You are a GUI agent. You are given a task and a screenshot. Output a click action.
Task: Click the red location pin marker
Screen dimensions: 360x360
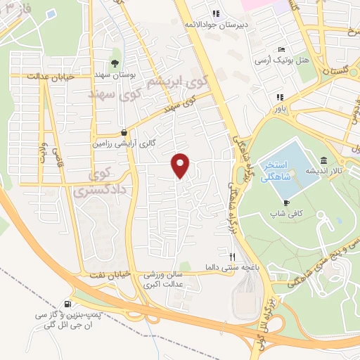(x=181, y=165)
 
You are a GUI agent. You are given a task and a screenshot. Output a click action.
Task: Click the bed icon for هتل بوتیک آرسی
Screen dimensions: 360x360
(x=281, y=50)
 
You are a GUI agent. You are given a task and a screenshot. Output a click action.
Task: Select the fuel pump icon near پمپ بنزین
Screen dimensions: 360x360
(x=67, y=304)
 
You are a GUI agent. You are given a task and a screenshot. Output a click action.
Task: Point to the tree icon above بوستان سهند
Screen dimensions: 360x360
(x=115, y=63)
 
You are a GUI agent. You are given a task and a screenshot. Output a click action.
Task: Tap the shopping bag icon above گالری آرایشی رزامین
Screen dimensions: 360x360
(x=124, y=131)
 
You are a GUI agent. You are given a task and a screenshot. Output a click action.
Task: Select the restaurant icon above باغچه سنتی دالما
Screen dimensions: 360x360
(x=233, y=256)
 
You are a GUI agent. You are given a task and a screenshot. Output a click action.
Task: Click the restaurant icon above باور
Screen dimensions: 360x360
(x=280, y=97)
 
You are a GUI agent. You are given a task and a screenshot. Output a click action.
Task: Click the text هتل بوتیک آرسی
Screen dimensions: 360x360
(x=294, y=61)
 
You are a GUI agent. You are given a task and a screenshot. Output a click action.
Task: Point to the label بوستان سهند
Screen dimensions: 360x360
(x=116, y=75)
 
